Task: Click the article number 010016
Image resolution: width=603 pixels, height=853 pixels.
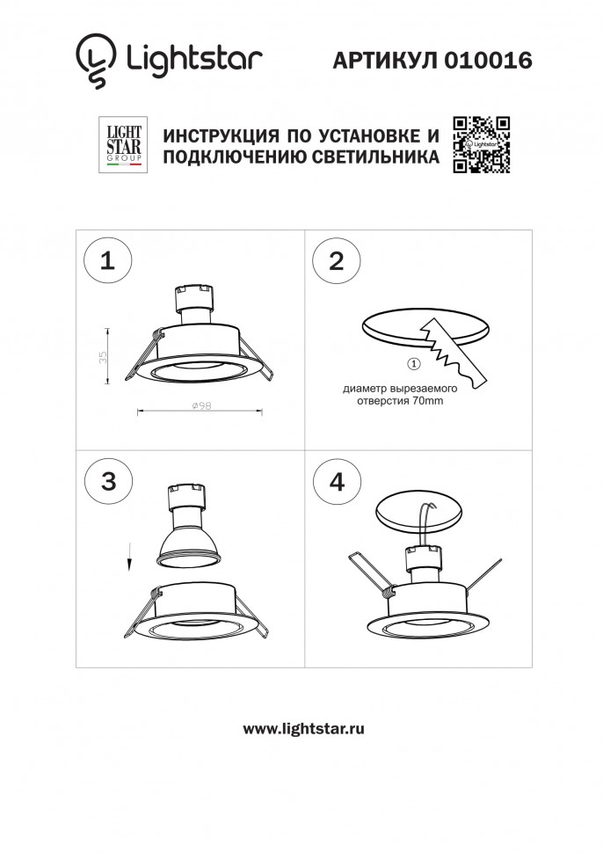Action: click(489, 60)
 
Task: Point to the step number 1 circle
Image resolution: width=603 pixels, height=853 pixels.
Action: click(107, 260)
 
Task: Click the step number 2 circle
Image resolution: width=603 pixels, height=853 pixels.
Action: click(335, 261)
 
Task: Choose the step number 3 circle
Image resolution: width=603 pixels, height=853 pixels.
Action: click(107, 480)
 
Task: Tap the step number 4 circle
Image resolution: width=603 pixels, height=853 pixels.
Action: click(335, 481)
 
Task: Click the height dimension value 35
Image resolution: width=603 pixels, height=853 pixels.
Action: click(102, 356)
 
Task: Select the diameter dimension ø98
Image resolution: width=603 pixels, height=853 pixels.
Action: click(200, 405)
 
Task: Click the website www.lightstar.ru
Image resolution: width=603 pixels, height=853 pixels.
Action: click(302, 728)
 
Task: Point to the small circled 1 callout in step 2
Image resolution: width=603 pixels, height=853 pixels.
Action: click(414, 364)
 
